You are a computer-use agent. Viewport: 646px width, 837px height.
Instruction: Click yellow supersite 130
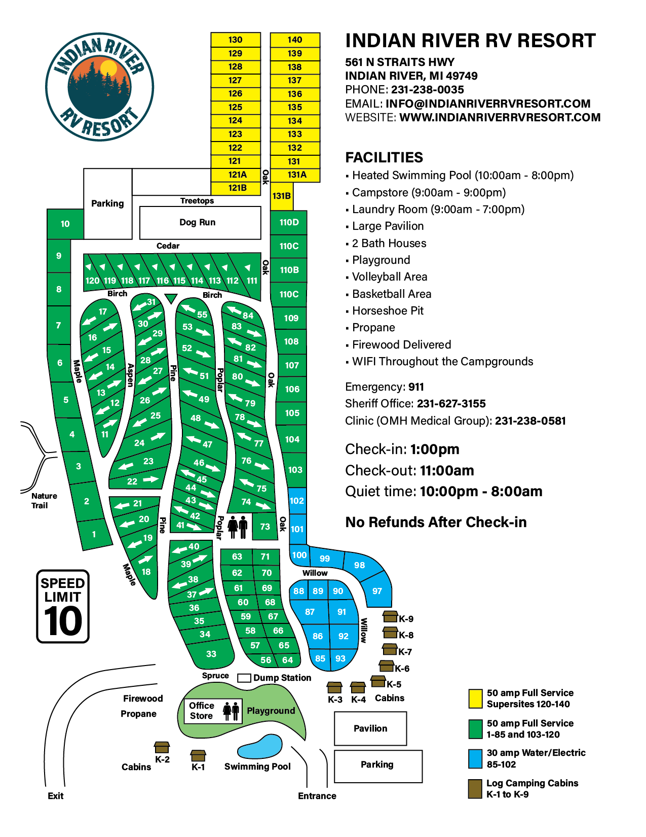(236, 40)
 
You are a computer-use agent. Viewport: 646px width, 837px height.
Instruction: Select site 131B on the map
(282, 196)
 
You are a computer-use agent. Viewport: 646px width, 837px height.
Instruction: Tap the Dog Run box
(200, 222)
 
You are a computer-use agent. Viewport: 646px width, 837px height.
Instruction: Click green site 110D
(289, 222)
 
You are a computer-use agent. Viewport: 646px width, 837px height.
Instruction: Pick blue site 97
(377, 591)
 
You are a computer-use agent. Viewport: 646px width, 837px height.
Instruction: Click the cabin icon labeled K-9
(390, 617)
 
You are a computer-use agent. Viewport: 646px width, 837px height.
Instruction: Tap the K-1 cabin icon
(198, 755)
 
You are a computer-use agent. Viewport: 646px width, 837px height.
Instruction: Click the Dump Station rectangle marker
(244, 678)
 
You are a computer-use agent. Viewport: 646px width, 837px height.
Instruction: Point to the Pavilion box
(370, 728)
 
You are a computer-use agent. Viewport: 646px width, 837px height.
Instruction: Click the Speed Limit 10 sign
(63, 606)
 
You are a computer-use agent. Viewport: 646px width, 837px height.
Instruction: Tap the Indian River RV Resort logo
(99, 87)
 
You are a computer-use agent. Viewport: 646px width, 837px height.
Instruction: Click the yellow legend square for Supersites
(475, 699)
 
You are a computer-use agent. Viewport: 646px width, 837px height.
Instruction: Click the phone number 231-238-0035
(427, 90)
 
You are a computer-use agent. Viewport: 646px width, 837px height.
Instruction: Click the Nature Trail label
(44, 501)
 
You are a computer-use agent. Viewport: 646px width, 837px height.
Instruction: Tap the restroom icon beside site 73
(238, 527)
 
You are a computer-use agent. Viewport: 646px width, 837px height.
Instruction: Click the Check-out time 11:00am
(447, 471)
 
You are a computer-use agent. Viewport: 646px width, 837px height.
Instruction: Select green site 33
(211, 654)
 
